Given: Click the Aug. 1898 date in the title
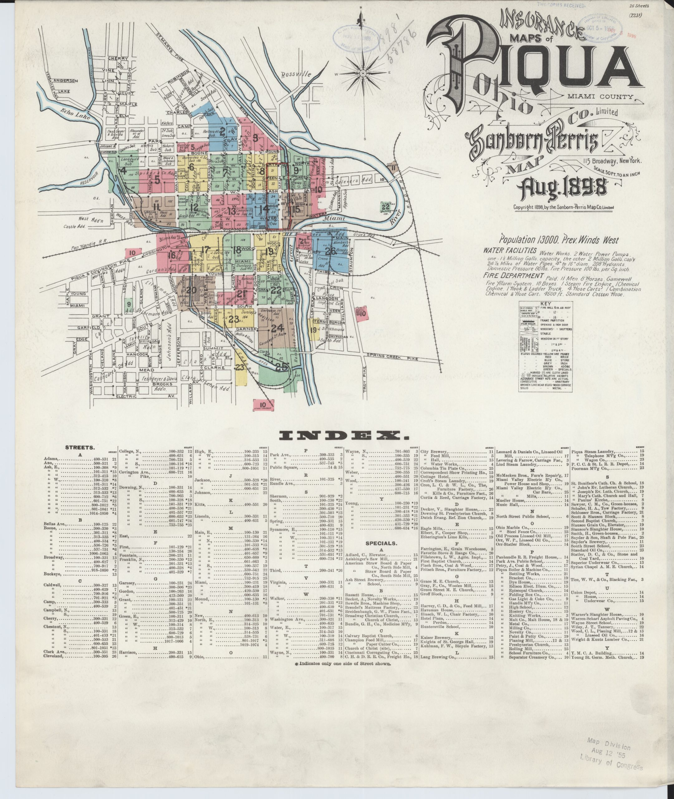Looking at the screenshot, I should pos(561,188).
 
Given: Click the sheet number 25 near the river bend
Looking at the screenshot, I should pos(281,366).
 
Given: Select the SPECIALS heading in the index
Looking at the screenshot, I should pos(381,543).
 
